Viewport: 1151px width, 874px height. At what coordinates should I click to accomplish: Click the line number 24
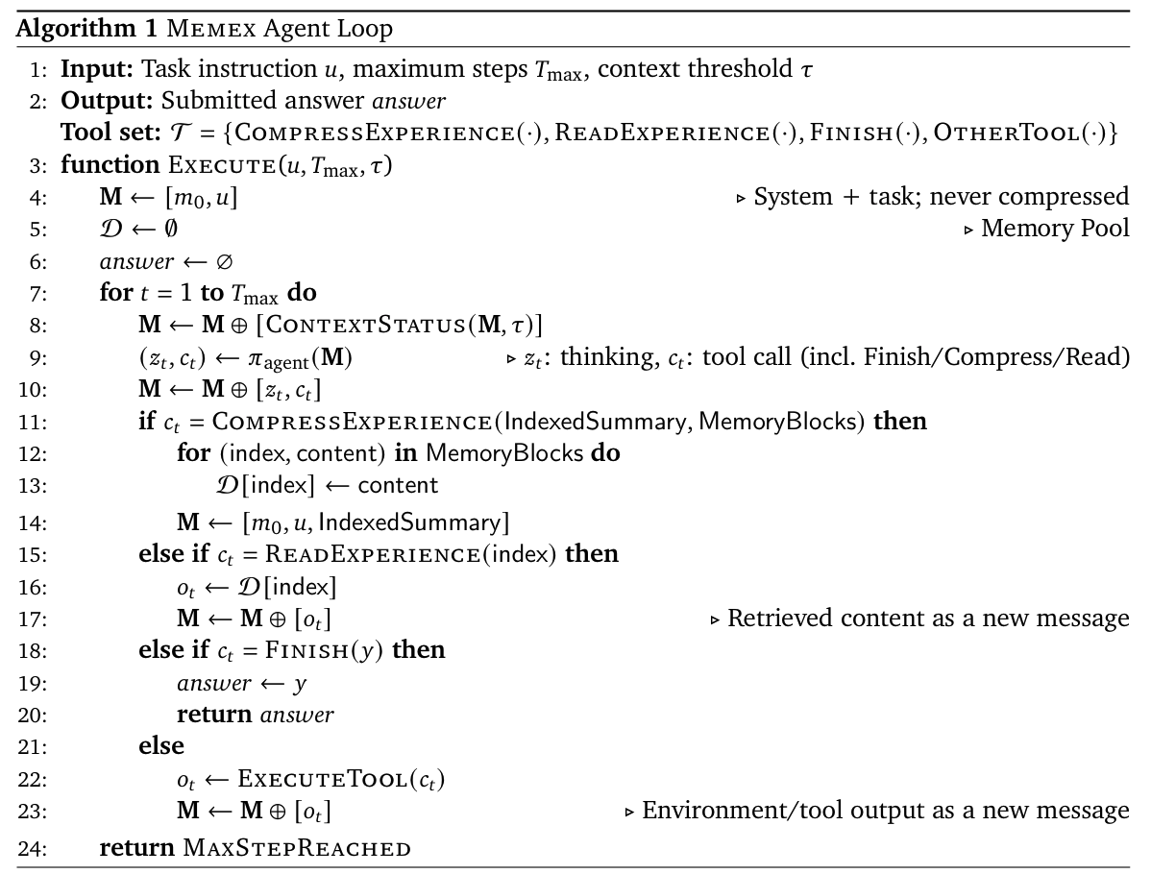[x=37, y=848]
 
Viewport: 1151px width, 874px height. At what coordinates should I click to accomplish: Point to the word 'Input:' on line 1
[x=90, y=69]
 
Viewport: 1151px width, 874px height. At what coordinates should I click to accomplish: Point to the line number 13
[x=37, y=486]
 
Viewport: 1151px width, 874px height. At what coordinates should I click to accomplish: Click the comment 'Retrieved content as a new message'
[x=928, y=619]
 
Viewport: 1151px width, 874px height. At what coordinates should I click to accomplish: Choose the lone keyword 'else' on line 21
[x=160, y=745]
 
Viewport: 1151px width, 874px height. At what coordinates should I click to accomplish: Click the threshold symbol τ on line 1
[x=805, y=69]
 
